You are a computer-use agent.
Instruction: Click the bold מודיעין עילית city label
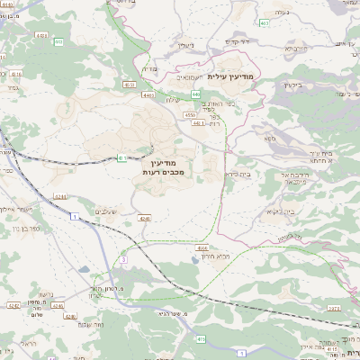pos(231,77)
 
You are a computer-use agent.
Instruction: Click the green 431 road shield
pos(121,159)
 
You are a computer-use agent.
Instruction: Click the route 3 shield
pos(123,259)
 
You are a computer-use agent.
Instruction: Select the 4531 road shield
pos(130,85)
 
